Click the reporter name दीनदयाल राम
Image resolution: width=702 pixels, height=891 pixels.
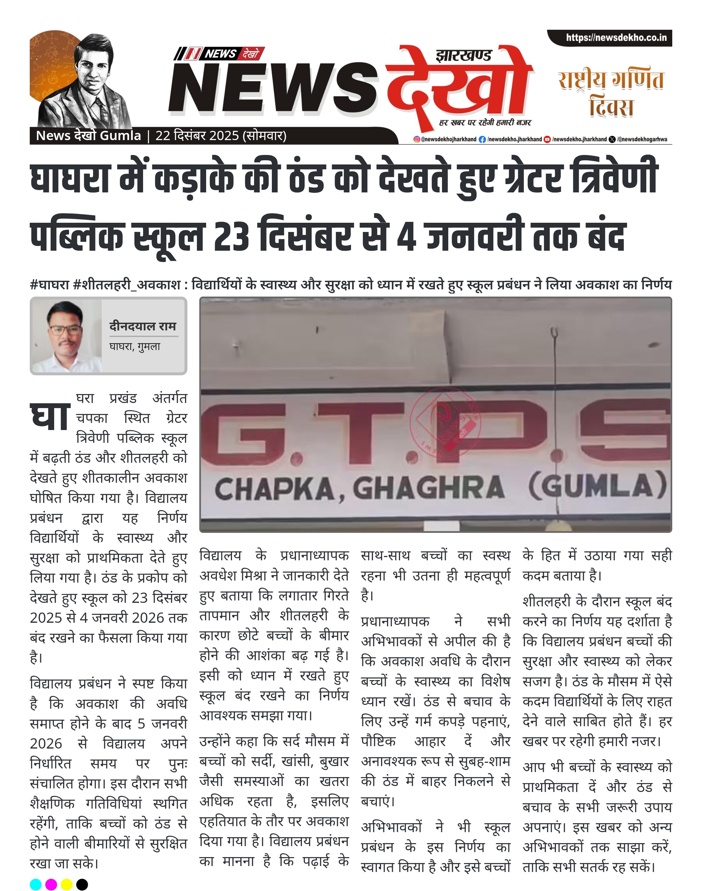tap(142, 326)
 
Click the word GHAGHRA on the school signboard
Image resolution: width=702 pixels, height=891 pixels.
tap(428, 488)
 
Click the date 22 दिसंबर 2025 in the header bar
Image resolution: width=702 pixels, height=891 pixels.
tap(197, 136)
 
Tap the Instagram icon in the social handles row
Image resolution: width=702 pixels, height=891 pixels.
tap(417, 139)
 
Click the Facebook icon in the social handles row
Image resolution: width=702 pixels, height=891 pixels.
tap(482, 139)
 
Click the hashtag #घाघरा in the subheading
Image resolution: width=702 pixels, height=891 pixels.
tap(49, 284)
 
